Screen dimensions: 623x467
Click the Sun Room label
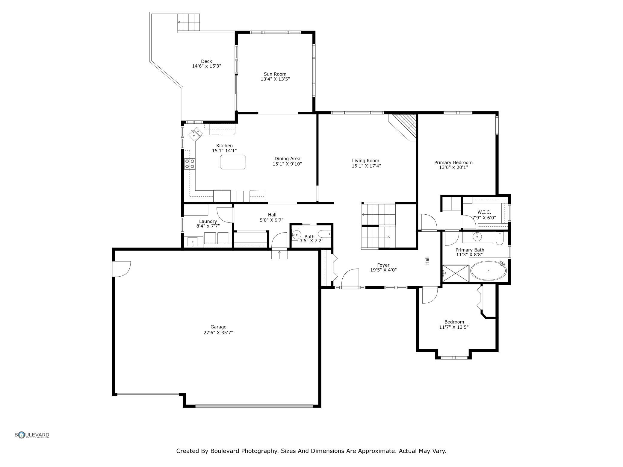click(x=275, y=74)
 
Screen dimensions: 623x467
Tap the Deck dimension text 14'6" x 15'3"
click(x=206, y=66)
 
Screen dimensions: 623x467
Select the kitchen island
click(x=233, y=162)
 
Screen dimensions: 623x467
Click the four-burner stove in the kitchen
click(x=190, y=164)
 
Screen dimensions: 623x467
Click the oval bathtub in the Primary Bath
click(x=489, y=271)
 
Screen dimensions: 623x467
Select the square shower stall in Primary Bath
click(x=456, y=273)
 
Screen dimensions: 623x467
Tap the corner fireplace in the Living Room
click(x=403, y=126)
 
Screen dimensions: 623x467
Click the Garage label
click(x=218, y=327)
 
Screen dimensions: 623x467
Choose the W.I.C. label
click(x=484, y=212)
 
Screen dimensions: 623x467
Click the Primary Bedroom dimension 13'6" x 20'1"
click(x=453, y=167)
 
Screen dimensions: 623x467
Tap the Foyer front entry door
click(x=350, y=278)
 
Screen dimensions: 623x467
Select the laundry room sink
click(x=192, y=241)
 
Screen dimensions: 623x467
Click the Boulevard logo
click(x=32, y=435)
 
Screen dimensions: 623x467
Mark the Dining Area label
click(x=287, y=159)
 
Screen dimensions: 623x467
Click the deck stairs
click(x=188, y=22)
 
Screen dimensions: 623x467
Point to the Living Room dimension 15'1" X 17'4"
click(x=366, y=166)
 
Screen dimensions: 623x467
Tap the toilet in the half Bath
click(x=324, y=233)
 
